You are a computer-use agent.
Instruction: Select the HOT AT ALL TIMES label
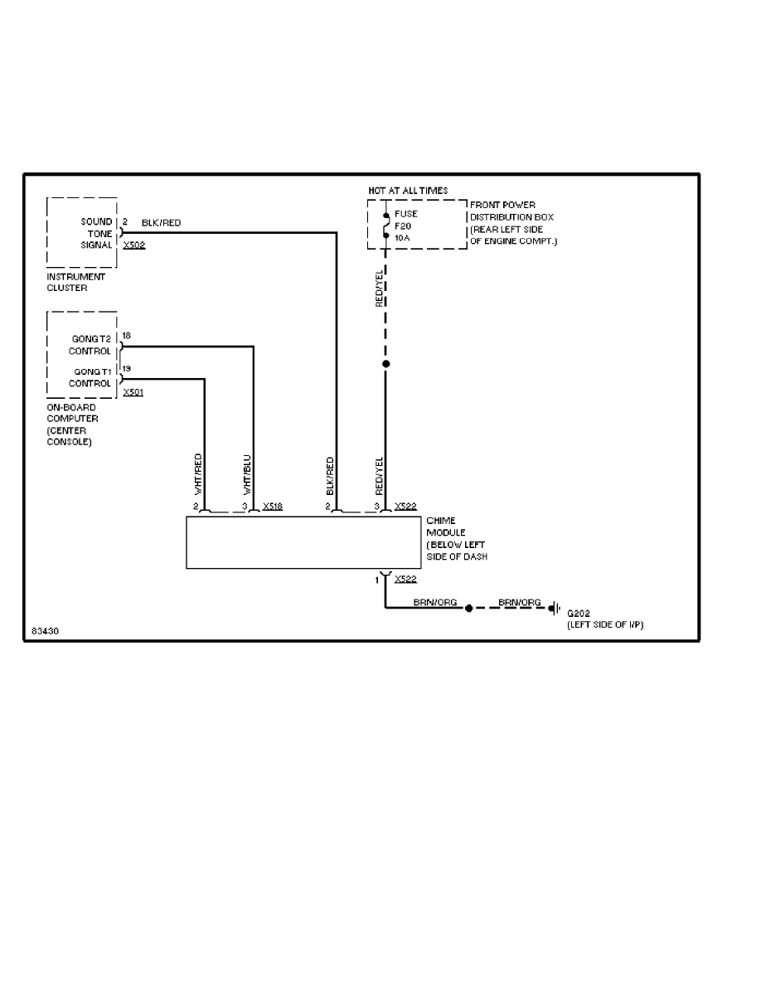tap(408, 191)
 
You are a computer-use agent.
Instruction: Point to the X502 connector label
tap(133, 245)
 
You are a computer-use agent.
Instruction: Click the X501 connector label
tap(133, 391)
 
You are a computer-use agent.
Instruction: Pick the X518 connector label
tap(273, 505)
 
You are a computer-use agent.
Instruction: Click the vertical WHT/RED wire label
tap(198, 474)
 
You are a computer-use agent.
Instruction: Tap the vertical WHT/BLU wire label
tap(247, 474)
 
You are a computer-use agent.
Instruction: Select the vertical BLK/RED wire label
tap(330, 475)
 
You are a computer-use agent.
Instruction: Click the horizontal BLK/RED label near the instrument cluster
tap(161, 223)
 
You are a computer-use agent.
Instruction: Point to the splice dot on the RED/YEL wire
tap(385, 364)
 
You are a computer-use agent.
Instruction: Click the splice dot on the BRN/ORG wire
tap(468, 608)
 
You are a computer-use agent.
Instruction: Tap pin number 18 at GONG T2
tap(126, 336)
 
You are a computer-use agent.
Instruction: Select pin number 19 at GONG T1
tap(126, 368)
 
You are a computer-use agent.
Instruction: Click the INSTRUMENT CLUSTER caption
tap(76, 281)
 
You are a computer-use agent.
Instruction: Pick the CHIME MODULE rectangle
tap(303, 542)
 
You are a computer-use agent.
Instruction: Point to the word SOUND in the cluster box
tap(95, 222)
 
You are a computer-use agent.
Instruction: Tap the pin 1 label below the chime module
tap(377, 580)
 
